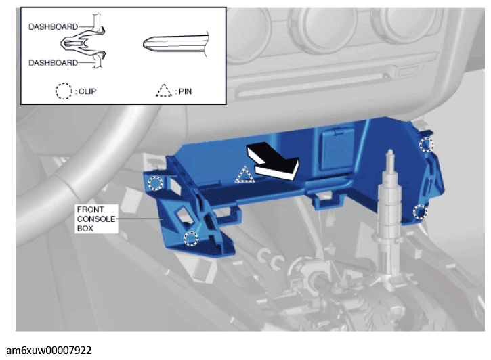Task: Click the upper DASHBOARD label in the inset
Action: (54, 26)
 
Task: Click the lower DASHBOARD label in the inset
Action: (54, 62)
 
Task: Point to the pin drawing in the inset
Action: (175, 43)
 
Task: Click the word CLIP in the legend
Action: (87, 91)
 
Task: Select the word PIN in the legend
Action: (185, 91)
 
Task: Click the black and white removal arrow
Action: (273, 160)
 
